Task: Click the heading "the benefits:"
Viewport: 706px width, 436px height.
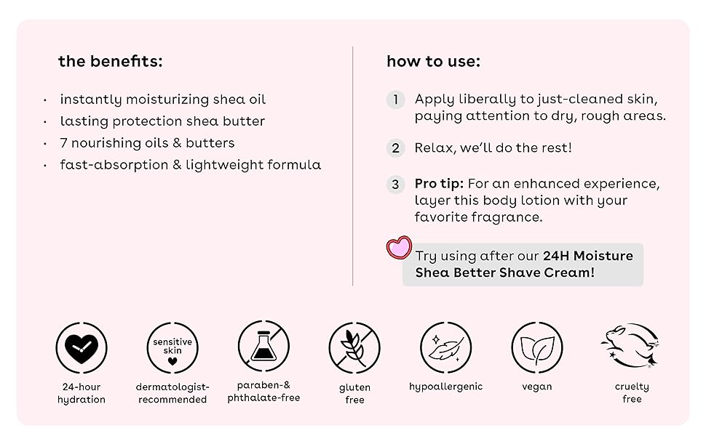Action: click(x=110, y=62)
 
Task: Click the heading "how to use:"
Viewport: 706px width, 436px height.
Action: click(x=433, y=62)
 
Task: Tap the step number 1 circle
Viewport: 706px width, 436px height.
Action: click(x=395, y=100)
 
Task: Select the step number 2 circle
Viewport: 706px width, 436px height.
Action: click(x=395, y=148)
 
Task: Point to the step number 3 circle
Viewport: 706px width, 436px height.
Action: click(x=395, y=185)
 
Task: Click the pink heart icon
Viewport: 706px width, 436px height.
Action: click(x=399, y=248)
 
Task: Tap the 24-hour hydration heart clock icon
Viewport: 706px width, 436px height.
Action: click(x=82, y=348)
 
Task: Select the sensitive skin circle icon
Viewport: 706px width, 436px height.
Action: click(x=172, y=348)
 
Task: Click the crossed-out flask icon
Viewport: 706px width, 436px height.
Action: click(x=263, y=347)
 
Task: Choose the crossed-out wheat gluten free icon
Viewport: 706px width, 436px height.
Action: click(x=354, y=348)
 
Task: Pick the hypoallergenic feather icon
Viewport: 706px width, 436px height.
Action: click(x=445, y=348)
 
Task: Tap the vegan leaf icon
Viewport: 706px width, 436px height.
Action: click(x=537, y=348)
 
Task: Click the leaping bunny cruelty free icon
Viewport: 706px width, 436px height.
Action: click(x=630, y=345)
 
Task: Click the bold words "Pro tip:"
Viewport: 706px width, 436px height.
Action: click(x=439, y=184)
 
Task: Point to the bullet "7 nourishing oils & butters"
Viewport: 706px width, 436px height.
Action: click(x=147, y=143)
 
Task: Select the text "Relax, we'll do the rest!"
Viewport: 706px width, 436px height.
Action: click(x=493, y=148)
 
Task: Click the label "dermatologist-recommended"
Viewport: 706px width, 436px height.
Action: click(x=172, y=393)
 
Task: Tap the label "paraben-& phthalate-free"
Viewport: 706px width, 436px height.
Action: click(x=263, y=392)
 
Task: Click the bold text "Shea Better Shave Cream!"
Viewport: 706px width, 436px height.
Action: click(x=504, y=272)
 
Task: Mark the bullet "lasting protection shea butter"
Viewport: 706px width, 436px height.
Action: click(x=162, y=121)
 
